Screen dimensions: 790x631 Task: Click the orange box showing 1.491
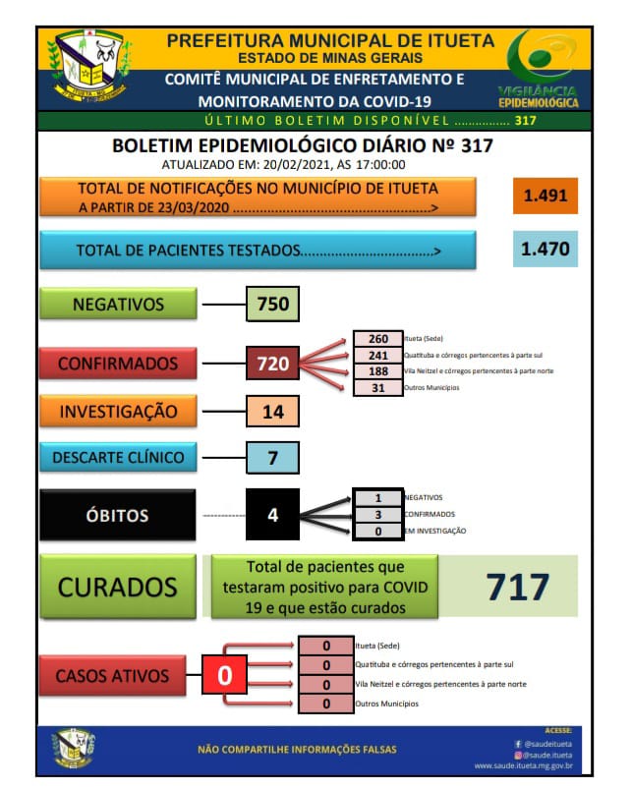coord(545,195)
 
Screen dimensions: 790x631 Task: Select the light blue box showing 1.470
coord(545,250)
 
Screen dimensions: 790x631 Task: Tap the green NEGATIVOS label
coord(118,305)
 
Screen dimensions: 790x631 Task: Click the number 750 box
coord(272,305)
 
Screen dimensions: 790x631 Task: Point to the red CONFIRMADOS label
coord(118,364)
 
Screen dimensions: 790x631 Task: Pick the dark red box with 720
coord(272,364)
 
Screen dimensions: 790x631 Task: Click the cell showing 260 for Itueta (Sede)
coord(378,339)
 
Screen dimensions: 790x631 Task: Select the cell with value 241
coord(378,355)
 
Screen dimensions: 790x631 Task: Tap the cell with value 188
coord(378,370)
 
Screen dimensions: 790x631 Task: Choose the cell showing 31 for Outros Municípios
coord(378,387)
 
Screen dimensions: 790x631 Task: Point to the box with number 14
coord(272,412)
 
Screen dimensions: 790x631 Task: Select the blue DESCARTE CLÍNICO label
coord(118,457)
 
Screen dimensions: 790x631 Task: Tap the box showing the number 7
coord(272,458)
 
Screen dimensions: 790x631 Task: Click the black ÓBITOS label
coord(118,515)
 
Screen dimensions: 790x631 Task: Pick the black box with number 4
coord(272,514)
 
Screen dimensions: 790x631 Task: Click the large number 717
coord(517,587)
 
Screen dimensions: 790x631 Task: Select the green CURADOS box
coord(118,587)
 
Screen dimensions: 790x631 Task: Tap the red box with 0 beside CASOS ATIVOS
coord(224,676)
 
